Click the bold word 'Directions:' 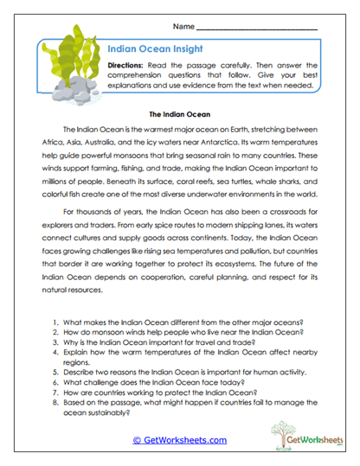coord(131,66)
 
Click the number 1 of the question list coord(55,297)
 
